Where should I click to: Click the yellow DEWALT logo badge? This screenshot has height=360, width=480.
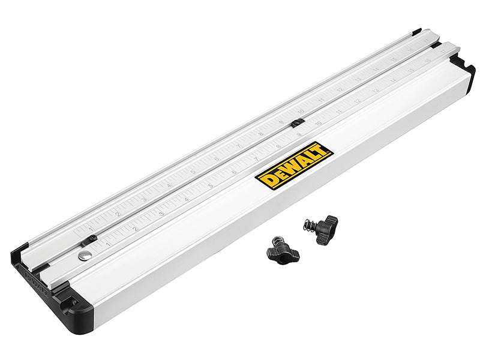coord(294,166)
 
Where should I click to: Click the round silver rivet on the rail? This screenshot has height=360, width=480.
coord(85,255)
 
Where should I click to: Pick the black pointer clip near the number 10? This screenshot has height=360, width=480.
coord(297,122)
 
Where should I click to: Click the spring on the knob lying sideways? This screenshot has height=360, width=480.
coord(309,226)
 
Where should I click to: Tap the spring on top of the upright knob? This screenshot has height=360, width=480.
coord(278,240)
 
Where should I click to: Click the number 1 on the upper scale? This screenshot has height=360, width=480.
coord(91,229)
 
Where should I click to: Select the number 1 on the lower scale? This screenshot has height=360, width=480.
coord(108,244)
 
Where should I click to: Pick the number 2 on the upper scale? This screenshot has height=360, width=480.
coord(118,214)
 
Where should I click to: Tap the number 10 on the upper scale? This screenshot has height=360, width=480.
coord(301,112)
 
